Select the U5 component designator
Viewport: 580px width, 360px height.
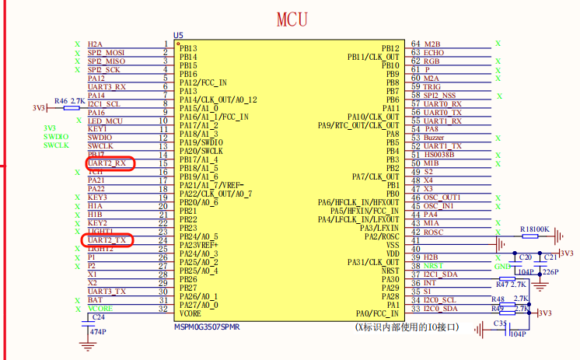pos(178,36)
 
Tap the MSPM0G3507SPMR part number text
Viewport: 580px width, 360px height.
pos(208,327)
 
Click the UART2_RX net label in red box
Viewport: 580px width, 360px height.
pos(108,163)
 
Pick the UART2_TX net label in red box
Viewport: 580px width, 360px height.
pos(108,240)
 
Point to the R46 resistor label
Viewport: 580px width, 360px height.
pos(61,101)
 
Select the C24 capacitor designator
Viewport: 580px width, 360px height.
pos(98,317)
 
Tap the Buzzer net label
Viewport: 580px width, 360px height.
pos(434,138)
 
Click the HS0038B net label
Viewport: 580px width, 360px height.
pos(438,155)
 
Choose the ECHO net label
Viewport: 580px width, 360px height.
pos(434,52)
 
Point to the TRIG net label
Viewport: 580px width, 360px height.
pos(433,86)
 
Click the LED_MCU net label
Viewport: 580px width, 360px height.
pos(105,121)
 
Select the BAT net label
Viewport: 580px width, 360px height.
pos(95,299)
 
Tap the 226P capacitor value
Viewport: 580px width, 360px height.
pos(550,272)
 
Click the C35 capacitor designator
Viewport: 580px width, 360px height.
pos(500,323)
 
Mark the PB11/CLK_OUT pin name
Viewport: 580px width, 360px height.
pos(373,57)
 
